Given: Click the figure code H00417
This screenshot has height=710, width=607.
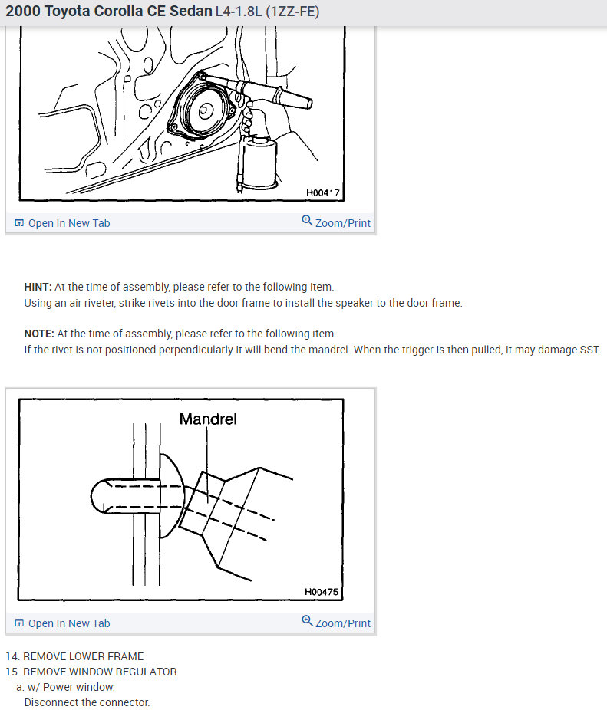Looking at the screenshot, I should click(322, 192).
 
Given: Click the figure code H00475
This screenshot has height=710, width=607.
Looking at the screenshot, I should click(322, 592).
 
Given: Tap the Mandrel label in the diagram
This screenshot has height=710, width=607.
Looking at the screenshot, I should click(208, 419).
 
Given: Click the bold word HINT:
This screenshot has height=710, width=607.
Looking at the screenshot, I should click(38, 287).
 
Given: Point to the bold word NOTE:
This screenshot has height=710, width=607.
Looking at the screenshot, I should click(39, 334).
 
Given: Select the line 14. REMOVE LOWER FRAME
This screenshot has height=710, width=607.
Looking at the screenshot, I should click(74, 656).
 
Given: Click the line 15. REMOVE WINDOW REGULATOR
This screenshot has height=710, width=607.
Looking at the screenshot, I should click(91, 672).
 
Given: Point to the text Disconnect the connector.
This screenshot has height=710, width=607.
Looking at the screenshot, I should click(87, 702).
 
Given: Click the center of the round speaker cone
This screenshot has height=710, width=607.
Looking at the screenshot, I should click(205, 110).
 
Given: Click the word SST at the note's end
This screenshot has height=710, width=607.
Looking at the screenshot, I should click(590, 349).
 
